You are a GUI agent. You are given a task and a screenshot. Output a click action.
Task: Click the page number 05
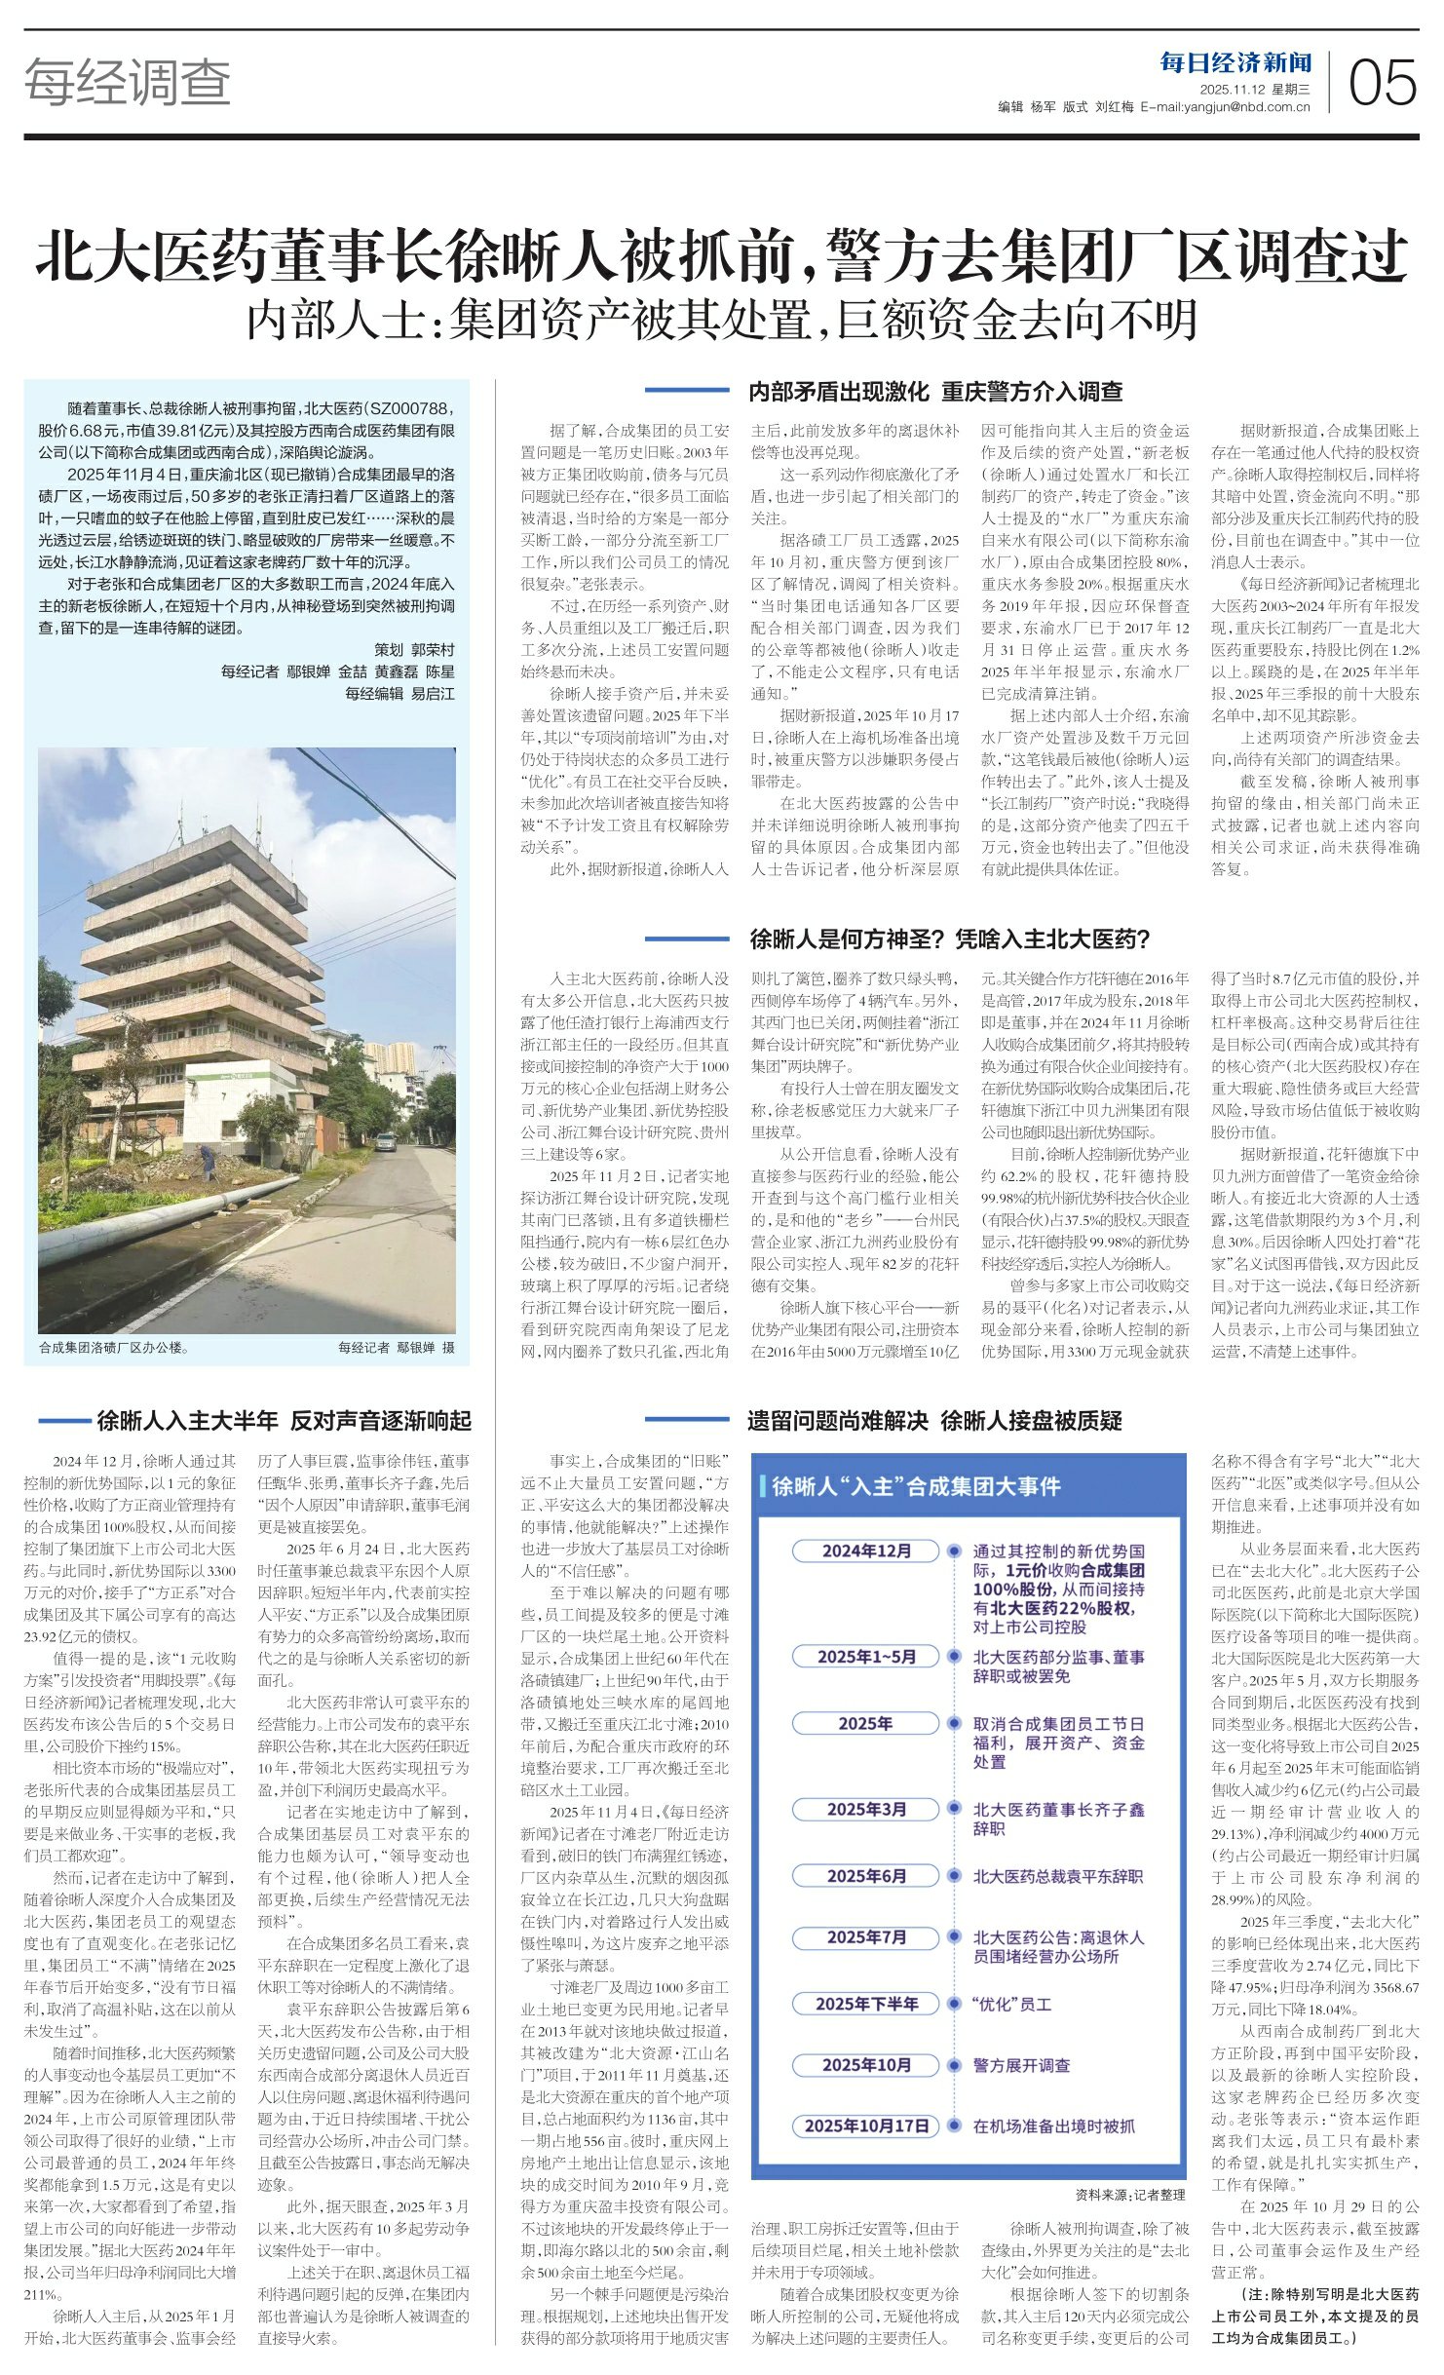(1382, 82)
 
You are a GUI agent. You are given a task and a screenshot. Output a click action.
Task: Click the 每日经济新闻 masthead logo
(1235, 63)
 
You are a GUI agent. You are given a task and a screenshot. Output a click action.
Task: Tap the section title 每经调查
(128, 81)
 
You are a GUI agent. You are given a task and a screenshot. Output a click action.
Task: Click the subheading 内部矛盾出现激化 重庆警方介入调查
(934, 392)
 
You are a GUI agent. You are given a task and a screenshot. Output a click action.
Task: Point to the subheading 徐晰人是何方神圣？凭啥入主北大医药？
(950, 939)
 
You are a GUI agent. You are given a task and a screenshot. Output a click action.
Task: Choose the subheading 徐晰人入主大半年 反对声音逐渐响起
(284, 1421)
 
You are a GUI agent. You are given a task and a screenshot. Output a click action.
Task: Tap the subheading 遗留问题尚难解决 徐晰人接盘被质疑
(933, 1421)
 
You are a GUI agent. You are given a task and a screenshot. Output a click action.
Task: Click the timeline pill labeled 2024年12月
(866, 1551)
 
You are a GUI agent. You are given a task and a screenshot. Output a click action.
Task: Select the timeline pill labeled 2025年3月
(866, 1809)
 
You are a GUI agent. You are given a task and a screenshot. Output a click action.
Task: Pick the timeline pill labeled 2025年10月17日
(866, 2126)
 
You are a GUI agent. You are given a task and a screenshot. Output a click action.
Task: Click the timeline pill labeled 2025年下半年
(866, 2004)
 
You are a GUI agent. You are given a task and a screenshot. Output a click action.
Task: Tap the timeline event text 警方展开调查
(1021, 2065)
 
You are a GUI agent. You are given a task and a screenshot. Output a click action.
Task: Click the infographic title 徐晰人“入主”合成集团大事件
(916, 1486)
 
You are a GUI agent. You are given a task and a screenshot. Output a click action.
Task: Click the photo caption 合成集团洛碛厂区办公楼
(114, 1348)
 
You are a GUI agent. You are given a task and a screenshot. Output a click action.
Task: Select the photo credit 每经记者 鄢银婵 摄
(396, 1348)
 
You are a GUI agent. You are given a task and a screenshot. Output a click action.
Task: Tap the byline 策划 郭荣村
(414, 650)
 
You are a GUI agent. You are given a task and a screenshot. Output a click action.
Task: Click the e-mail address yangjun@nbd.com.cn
(1248, 107)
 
